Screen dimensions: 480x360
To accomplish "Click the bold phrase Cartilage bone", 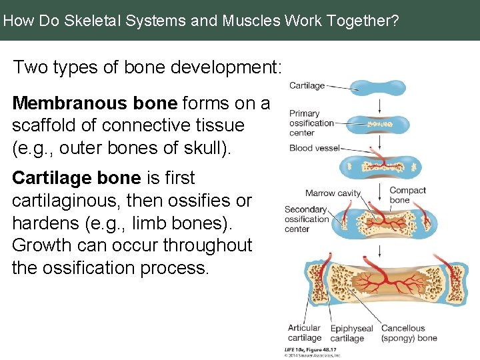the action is pos(103,178).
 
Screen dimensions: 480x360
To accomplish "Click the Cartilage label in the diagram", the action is pos(307,85).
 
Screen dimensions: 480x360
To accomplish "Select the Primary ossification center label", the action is pos(311,123).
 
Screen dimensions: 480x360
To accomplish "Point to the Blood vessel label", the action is pos(314,148).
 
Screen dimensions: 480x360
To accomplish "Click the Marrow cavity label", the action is pos(333,193).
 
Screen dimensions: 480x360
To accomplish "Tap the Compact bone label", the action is pos(407,195).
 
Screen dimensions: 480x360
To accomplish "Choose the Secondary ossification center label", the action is pos(307,219).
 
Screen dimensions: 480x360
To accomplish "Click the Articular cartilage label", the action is pos(304,333).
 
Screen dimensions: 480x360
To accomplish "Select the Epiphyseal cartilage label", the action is pos(351,333).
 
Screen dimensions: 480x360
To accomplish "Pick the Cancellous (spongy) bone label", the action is pos(409,333).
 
